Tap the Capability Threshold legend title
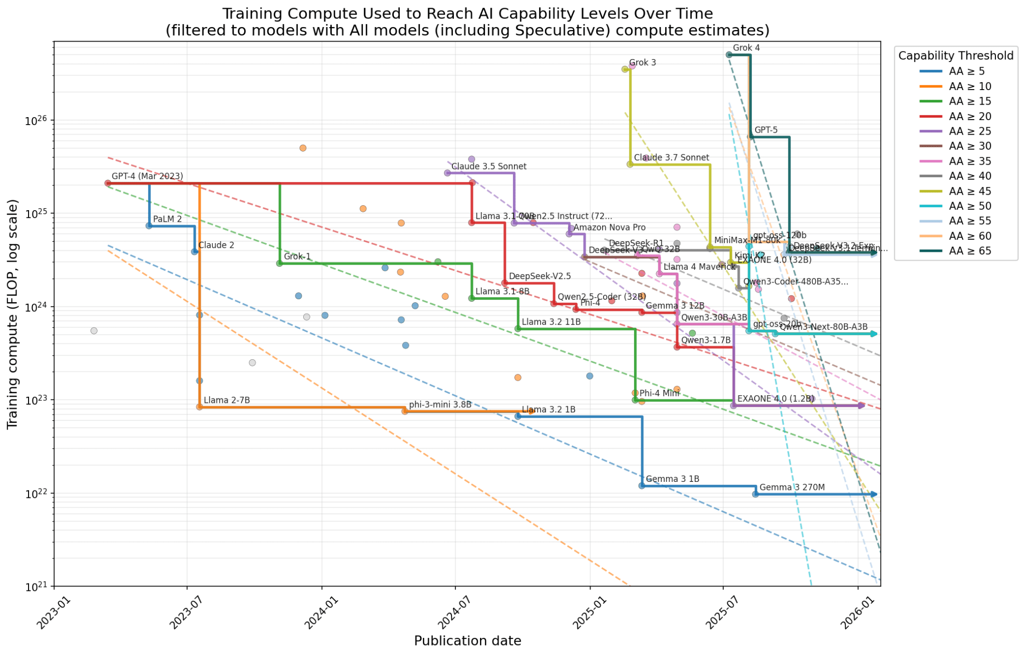tap(955, 56)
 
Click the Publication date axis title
tap(467, 641)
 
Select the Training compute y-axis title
tap(13, 314)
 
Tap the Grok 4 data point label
tap(746, 48)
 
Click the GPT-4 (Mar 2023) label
tap(147, 176)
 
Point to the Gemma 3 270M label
tap(792, 487)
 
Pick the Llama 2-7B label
tap(226, 400)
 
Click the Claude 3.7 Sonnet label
tap(671, 158)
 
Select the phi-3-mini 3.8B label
tap(440, 405)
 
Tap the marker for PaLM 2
tap(149, 226)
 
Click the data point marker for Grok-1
tap(279, 263)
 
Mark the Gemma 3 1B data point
tap(642, 486)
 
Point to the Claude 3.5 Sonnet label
tap(488, 167)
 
